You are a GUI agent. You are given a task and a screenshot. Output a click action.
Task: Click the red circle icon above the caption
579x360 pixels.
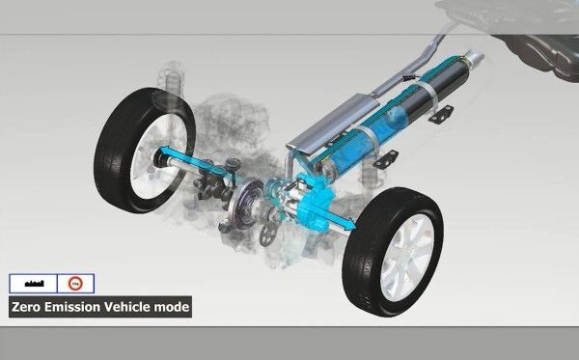click(x=74, y=283)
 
